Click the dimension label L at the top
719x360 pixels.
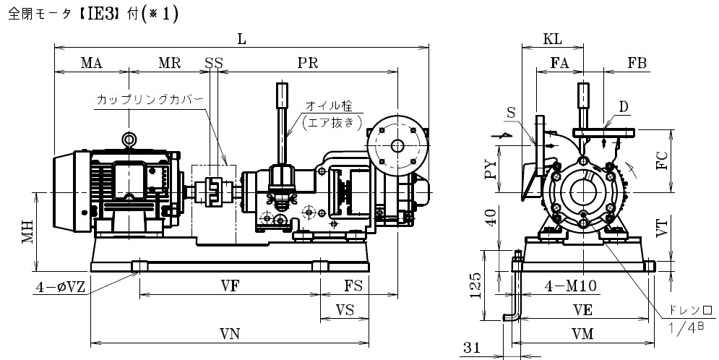[241, 39]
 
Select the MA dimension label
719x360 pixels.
[91, 63]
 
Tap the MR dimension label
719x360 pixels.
[169, 63]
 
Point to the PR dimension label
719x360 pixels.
[307, 63]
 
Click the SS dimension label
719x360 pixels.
[214, 63]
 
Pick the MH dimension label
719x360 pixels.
[28, 231]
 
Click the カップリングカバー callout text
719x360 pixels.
[150, 100]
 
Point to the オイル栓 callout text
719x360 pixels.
[329, 106]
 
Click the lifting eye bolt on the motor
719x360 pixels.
[129, 139]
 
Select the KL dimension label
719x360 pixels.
[552, 39]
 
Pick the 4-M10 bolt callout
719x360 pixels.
[570, 286]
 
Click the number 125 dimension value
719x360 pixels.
[476, 286]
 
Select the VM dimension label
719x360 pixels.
[582, 334]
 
